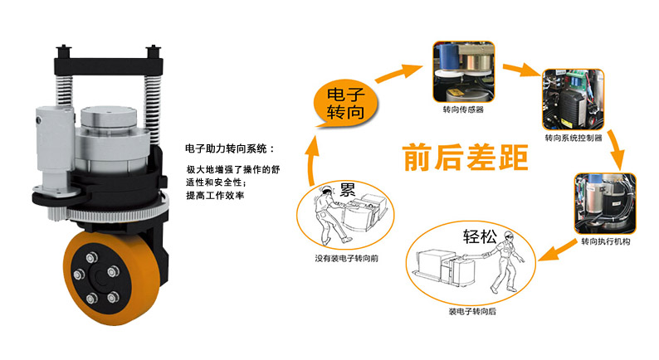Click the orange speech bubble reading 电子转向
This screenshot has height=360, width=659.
(346, 104)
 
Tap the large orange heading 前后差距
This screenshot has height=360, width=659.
(466, 158)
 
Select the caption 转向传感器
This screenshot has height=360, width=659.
(463, 109)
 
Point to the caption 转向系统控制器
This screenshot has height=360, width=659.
(574, 138)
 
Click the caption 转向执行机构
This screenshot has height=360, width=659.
(606, 241)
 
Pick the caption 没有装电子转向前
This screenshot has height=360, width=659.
(347, 258)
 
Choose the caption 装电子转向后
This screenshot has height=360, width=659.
(472, 311)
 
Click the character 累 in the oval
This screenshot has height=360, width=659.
(347, 190)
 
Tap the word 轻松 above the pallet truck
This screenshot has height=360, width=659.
(480, 236)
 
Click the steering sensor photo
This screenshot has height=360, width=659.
(464, 72)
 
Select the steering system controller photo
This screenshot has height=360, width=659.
(574, 100)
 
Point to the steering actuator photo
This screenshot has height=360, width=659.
(605, 204)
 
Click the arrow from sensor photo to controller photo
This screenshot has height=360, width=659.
(522, 70)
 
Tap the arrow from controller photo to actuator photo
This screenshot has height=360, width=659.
(616, 149)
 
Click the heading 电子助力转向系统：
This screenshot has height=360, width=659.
(230, 148)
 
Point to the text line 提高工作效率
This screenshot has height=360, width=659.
(215, 195)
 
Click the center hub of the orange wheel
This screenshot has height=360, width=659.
(101, 276)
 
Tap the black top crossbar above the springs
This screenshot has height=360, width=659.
(109, 67)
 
